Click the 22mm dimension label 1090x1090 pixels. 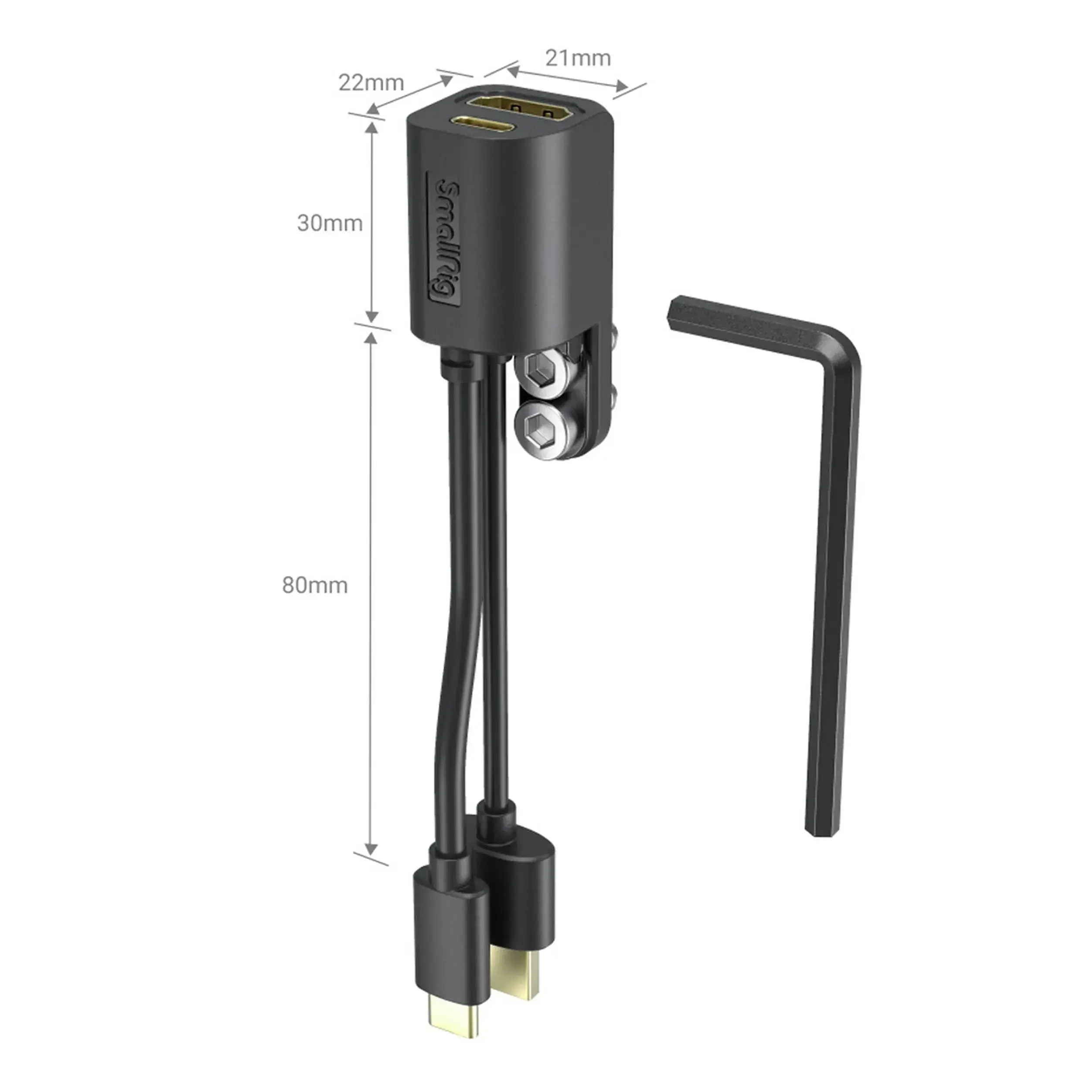coord(371,83)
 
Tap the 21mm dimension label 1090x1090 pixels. coord(578,58)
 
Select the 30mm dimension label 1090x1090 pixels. coord(330,223)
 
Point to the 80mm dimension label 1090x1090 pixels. coord(315,586)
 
